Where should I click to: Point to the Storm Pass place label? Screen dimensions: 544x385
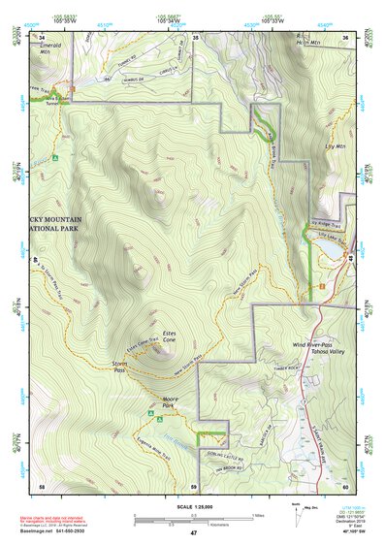coord(117,367)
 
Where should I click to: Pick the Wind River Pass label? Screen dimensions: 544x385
coord(312,345)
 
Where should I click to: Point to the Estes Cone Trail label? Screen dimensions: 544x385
coord(143,344)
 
